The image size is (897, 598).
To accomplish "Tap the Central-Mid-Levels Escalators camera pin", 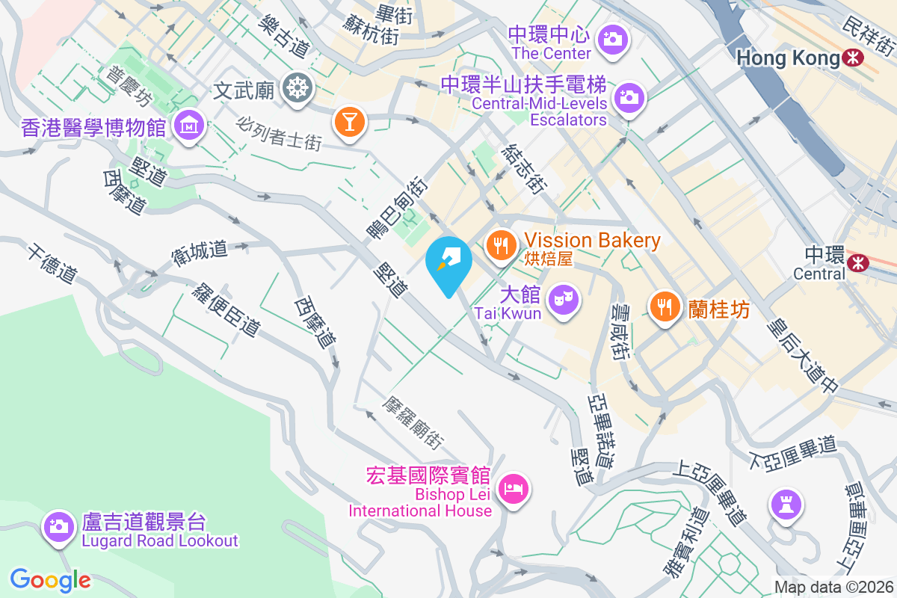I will tap(629, 96).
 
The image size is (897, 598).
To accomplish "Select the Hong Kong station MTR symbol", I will tap(851, 57).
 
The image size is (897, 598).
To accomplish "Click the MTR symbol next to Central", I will tap(857, 262).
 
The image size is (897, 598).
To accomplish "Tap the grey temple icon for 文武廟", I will tap(297, 90).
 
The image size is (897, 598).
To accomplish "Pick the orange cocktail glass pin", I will tap(348, 120).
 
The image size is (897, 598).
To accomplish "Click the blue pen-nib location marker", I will tap(448, 262).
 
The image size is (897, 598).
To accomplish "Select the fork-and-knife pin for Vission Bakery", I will tap(499, 243).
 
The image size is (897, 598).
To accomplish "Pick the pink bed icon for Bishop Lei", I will tap(514, 489).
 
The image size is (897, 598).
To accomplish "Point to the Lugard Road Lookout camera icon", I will tap(58, 526).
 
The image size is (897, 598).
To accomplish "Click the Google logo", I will tap(51, 580).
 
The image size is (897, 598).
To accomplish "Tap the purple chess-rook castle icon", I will tap(786, 505).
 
